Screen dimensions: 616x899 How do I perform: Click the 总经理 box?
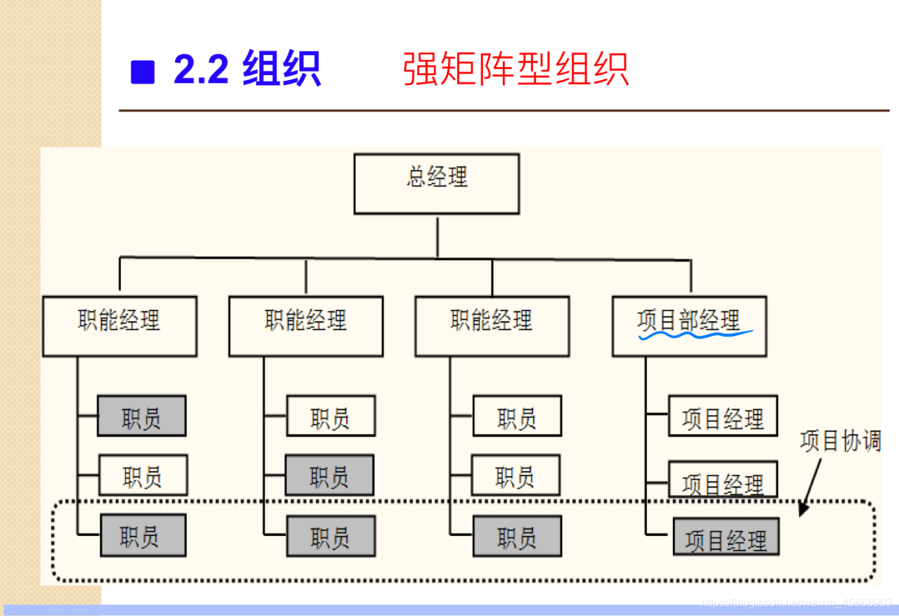point(436,184)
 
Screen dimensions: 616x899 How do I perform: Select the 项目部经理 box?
point(689,326)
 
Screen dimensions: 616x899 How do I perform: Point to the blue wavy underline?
point(695,334)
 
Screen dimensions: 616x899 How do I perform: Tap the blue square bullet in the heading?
point(143,72)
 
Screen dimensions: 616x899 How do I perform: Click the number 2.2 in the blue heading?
point(201,70)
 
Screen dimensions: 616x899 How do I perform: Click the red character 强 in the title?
point(421,70)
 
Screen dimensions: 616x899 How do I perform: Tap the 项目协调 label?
point(840,442)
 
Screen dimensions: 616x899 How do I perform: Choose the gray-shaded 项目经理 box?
point(726,537)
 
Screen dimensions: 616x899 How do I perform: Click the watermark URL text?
point(797,603)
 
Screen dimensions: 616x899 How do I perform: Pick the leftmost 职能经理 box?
point(119,326)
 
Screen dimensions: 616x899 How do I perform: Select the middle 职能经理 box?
point(306,326)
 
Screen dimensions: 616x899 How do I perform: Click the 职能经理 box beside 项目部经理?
point(492,326)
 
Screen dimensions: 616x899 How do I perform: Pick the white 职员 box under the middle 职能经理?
point(331,416)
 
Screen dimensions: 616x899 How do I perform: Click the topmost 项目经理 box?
point(723,416)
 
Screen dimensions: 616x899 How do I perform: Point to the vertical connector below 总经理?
point(437,236)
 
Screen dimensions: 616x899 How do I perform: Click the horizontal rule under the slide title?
point(504,110)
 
